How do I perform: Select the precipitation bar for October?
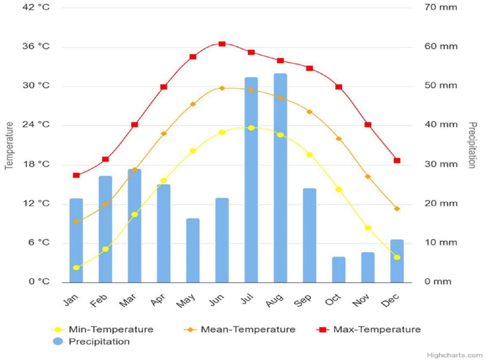click(x=339, y=270)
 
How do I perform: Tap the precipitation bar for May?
click(x=193, y=250)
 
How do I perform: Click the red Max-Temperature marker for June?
click(x=222, y=44)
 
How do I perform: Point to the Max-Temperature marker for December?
click(x=397, y=161)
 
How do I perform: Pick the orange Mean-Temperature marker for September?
click(x=309, y=112)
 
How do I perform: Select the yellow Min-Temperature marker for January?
click(x=76, y=268)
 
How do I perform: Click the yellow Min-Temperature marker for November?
click(x=368, y=228)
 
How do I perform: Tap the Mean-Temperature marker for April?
click(x=163, y=134)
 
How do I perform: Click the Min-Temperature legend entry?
click(x=111, y=330)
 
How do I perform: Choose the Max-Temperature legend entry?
click(x=377, y=330)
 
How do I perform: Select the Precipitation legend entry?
click(x=99, y=342)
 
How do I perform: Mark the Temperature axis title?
click(x=9, y=145)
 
